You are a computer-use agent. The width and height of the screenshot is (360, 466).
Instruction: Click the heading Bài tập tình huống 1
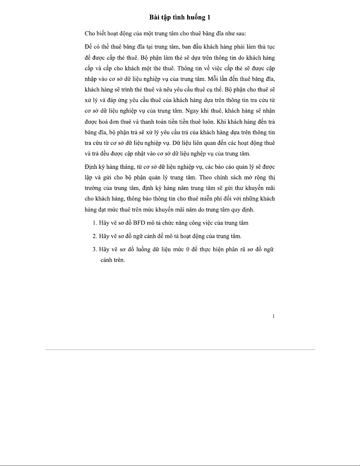click(180, 17)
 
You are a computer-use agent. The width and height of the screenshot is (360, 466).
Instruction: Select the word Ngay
click(192, 111)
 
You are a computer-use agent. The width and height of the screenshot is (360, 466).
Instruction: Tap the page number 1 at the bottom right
click(274, 316)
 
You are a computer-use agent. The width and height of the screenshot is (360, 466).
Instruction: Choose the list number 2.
click(94, 236)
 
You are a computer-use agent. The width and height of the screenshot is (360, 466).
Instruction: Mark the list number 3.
click(94, 249)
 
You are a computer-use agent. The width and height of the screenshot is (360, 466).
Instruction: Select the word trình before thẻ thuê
click(127, 90)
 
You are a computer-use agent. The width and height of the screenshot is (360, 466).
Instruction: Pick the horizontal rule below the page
click(180, 350)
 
